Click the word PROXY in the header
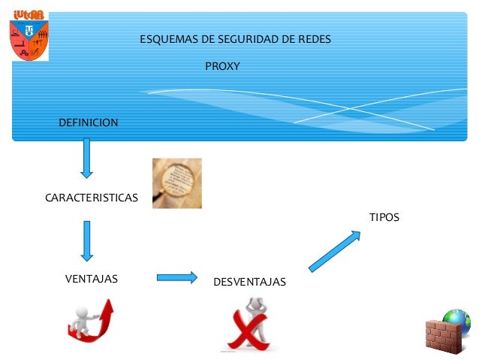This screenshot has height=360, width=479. pos(222,67)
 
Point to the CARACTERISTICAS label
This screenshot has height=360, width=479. pos(92,198)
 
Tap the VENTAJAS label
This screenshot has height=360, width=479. pos(92,279)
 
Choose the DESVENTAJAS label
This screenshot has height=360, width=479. pos(249,282)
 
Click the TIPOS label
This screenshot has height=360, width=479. pos(384,217)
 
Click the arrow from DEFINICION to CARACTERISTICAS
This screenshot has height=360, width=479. pos(87,157)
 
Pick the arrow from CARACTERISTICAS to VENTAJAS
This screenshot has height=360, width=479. pos(87,241)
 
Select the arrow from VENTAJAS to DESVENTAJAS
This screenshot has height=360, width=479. pos(176,277)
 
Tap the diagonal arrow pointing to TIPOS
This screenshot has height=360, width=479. pos(335,250)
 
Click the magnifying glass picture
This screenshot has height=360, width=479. pos(177,183)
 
